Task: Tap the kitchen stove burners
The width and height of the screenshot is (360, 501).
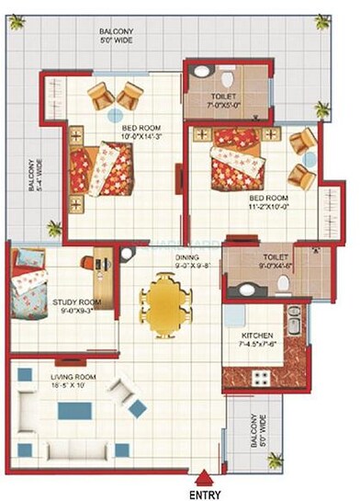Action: click(x=260, y=377)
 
